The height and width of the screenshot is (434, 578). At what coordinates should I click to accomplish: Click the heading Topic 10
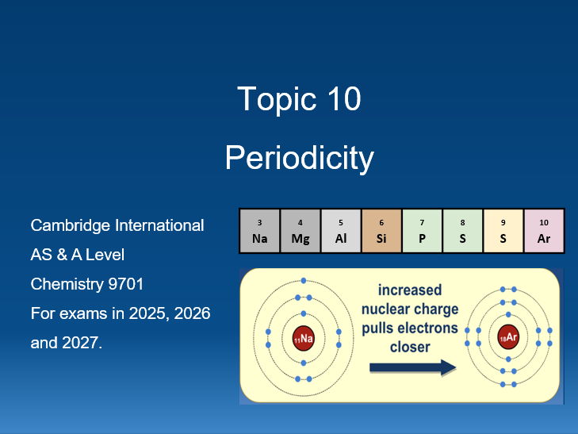pyautogui.click(x=299, y=99)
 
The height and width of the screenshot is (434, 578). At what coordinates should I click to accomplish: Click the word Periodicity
pyautogui.click(x=299, y=158)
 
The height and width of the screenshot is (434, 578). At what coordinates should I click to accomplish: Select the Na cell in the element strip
pyautogui.click(x=260, y=231)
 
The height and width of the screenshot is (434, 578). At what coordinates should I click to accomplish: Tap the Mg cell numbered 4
pyautogui.click(x=300, y=231)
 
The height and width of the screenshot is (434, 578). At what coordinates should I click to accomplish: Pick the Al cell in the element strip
pyautogui.click(x=341, y=231)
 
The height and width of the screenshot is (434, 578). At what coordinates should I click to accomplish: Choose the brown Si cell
pyautogui.click(x=381, y=231)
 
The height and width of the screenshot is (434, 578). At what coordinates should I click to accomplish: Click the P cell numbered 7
pyautogui.click(x=422, y=231)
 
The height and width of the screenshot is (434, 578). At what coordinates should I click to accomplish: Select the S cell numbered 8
pyautogui.click(x=463, y=231)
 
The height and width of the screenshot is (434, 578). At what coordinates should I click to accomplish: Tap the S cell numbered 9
pyautogui.click(x=503, y=231)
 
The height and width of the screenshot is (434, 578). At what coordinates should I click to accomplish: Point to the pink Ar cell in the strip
pyautogui.click(x=544, y=231)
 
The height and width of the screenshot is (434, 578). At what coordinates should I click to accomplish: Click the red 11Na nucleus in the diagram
pyautogui.click(x=304, y=338)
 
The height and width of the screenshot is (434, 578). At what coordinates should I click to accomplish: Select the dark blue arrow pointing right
pyautogui.click(x=412, y=367)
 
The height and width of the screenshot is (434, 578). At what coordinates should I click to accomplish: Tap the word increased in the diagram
pyautogui.click(x=410, y=290)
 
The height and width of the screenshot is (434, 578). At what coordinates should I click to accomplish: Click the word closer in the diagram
pyautogui.click(x=410, y=347)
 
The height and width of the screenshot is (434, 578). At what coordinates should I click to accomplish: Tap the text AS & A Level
pyautogui.click(x=77, y=255)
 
